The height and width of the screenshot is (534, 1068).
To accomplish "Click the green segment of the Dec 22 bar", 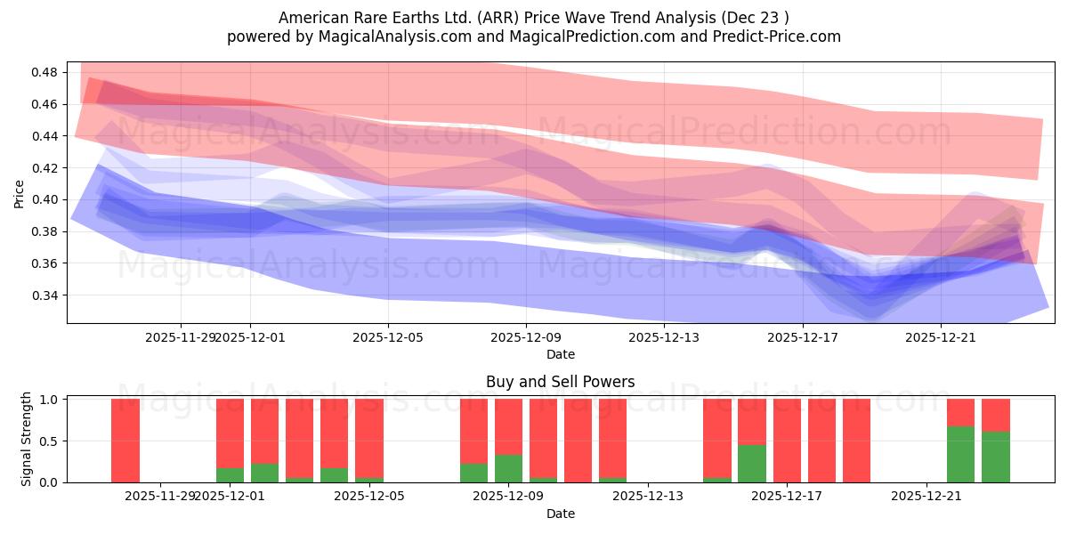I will (x=960, y=454).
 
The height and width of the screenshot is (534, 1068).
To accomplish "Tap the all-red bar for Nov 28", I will (x=125, y=441).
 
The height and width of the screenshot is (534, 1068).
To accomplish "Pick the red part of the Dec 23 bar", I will (x=995, y=415).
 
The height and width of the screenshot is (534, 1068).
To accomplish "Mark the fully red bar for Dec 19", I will (x=856, y=441).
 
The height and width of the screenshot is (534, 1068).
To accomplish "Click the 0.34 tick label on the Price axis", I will (x=44, y=295).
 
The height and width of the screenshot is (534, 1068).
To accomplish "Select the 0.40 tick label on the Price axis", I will (x=44, y=199).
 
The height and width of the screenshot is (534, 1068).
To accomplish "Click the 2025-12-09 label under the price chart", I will (x=526, y=337).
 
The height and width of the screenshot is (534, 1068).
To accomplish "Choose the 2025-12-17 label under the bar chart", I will (x=787, y=496).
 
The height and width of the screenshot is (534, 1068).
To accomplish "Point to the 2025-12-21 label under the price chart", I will (x=941, y=337).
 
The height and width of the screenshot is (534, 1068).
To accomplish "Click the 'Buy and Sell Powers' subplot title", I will (x=560, y=382).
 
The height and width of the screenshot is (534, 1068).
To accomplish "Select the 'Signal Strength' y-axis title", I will (x=27, y=439).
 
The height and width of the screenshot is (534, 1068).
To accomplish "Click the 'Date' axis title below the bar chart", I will (x=560, y=514).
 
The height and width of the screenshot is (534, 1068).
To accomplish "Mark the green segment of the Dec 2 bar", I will (x=264, y=473).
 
